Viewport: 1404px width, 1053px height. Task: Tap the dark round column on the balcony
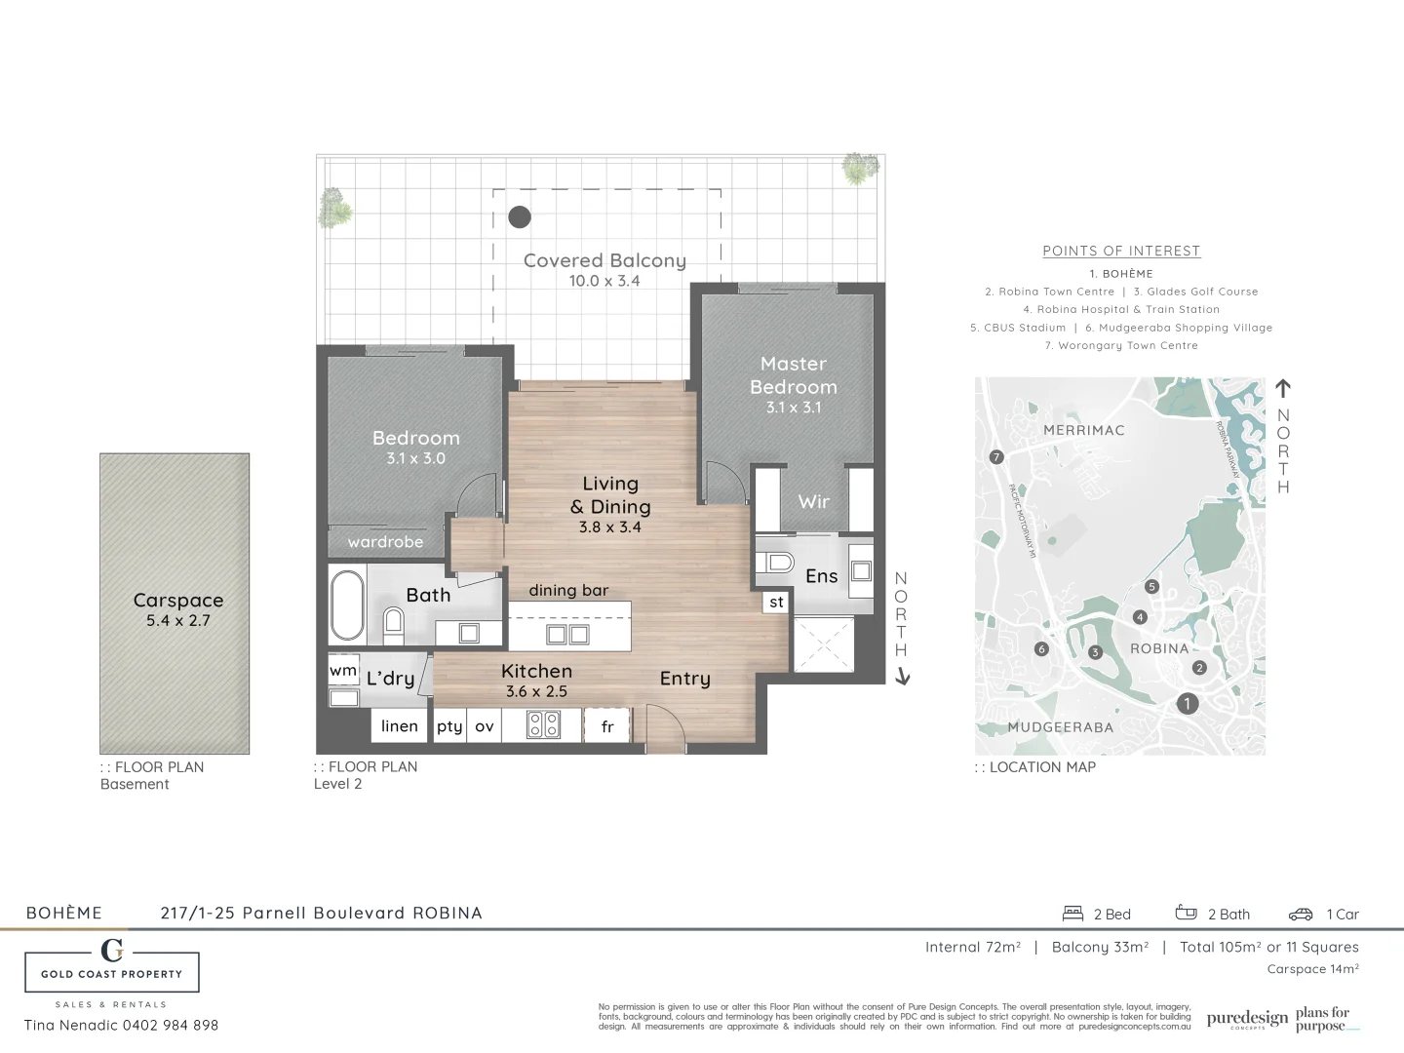pos(520,216)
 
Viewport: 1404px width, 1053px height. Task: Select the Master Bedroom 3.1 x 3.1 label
pos(793,384)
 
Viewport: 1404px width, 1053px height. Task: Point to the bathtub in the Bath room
pos(347,605)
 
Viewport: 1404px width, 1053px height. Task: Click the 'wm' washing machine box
pos(343,671)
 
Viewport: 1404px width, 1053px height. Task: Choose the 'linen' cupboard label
pos(399,726)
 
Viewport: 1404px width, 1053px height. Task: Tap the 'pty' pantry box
pos(449,726)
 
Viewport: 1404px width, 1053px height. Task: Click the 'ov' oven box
pos(485,726)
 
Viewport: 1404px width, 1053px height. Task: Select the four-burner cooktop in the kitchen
pos(543,724)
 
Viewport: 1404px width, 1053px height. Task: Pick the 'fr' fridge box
pos(607,726)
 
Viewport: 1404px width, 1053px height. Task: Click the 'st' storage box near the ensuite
pos(776,603)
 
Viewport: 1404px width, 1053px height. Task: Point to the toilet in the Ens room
pos(777,563)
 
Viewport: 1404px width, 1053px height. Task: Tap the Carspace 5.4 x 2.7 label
pos(178,608)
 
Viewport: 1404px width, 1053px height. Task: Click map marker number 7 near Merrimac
pos(995,457)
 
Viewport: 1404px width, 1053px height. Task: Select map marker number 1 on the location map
pos(1187,703)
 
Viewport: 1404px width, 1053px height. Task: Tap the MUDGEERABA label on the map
pos(1060,727)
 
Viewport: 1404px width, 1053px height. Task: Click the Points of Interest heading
pos(1121,252)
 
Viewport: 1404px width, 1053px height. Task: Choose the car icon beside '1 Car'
pos(1301,915)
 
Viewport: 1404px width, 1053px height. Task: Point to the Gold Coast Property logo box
pos(112,971)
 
